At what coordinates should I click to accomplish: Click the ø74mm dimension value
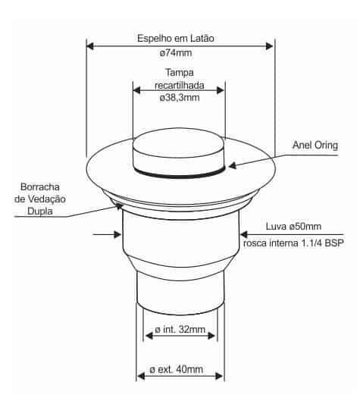pyautogui.click(x=176, y=53)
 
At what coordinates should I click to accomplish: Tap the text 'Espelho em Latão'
pyautogui.click(x=176, y=39)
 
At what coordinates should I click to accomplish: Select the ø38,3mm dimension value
pyautogui.click(x=180, y=98)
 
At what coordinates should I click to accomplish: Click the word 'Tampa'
pyautogui.click(x=180, y=73)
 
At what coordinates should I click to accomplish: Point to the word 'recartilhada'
pyautogui.click(x=180, y=85)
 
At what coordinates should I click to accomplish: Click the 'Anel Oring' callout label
pyautogui.click(x=315, y=146)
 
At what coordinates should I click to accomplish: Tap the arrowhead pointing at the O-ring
pyautogui.click(x=232, y=166)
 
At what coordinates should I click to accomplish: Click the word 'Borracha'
pyautogui.click(x=40, y=187)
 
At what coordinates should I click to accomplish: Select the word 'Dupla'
pyautogui.click(x=40, y=211)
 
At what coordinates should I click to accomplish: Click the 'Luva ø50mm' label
pyautogui.click(x=293, y=227)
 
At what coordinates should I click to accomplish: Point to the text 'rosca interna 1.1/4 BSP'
pyautogui.click(x=293, y=243)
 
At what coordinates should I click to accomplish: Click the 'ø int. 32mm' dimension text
pyautogui.click(x=180, y=330)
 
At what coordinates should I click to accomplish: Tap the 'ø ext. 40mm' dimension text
pyautogui.click(x=177, y=370)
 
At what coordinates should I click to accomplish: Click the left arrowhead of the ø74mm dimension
pyautogui.click(x=90, y=46)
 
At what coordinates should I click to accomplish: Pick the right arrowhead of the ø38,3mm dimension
pyautogui.click(x=220, y=90)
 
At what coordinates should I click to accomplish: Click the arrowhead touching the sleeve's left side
pyautogui.click(x=117, y=234)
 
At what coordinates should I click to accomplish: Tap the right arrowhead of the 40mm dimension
pyautogui.click(x=220, y=376)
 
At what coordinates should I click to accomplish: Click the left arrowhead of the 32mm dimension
pyautogui.click(x=149, y=336)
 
